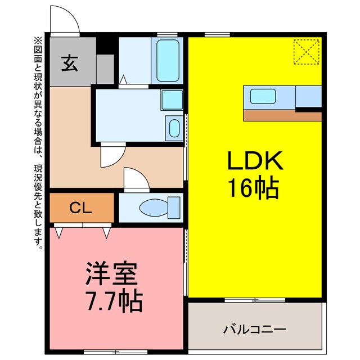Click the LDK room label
click(x=254, y=163)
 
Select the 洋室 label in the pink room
click(x=111, y=276)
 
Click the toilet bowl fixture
click(x=153, y=207)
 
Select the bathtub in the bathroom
click(x=168, y=60)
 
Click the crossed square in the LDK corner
click(x=306, y=52)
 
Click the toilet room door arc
click(x=136, y=180)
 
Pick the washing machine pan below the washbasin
click(x=174, y=128)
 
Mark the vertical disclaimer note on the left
click(x=38, y=141)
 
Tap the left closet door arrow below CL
click(x=59, y=231)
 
